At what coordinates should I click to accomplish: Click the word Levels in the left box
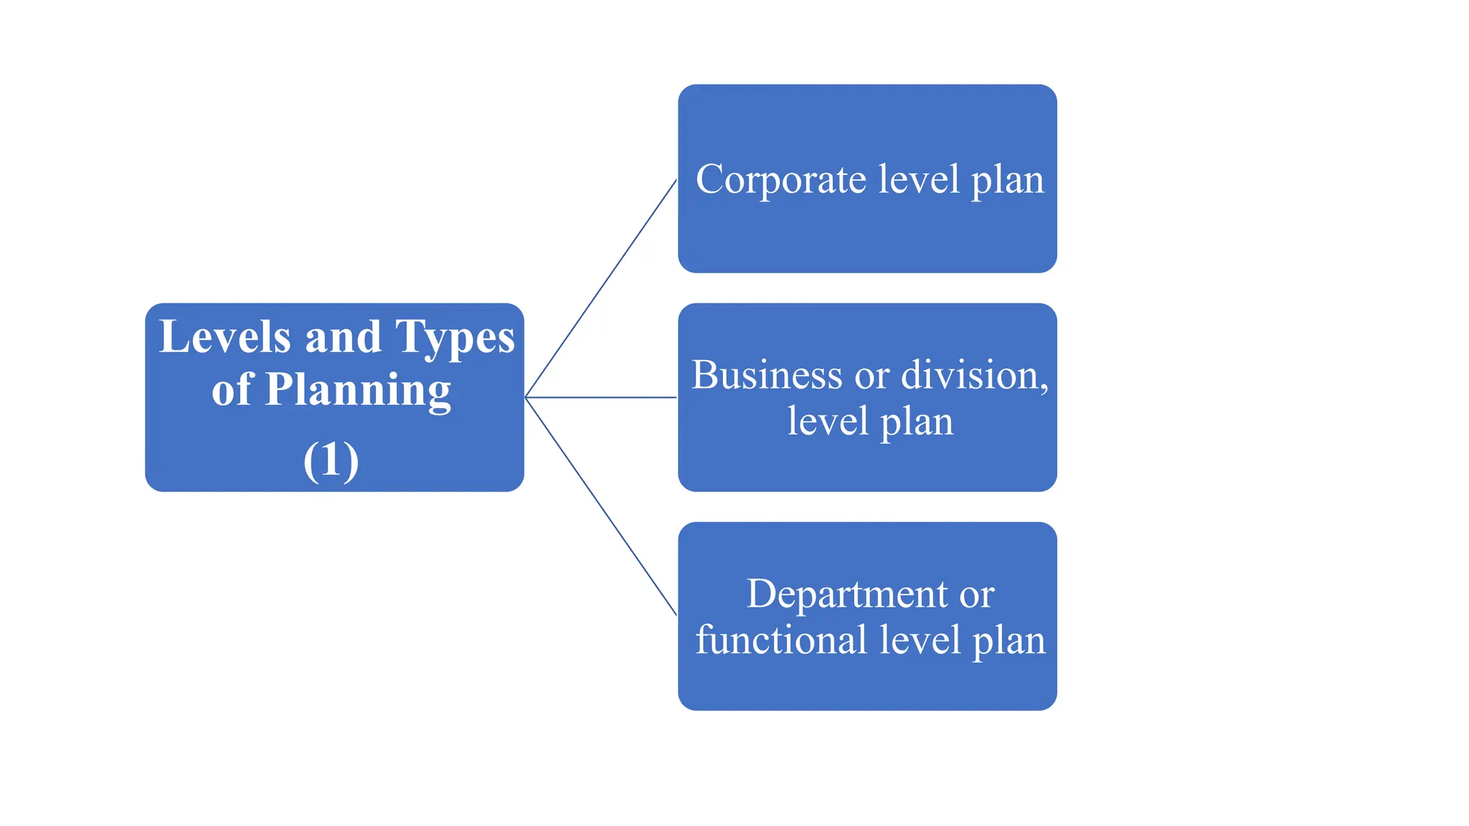pyautogui.click(x=225, y=336)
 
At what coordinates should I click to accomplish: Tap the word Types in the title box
pyautogui.click(x=455, y=338)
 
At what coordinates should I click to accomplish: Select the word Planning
pyautogui.click(x=358, y=391)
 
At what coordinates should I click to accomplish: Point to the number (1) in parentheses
pyautogui.click(x=331, y=460)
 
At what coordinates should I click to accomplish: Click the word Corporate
pyautogui.click(x=780, y=179)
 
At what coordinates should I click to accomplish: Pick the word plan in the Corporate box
pyautogui.click(x=1007, y=181)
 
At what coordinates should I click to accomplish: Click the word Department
pyautogui.click(x=847, y=594)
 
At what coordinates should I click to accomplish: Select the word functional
pyautogui.click(x=781, y=640)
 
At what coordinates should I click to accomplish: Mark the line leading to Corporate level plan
pyautogui.click(x=601, y=288)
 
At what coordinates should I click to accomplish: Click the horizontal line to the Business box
pyautogui.click(x=601, y=397)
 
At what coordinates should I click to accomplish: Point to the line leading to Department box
pyautogui.click(x=601, y=506)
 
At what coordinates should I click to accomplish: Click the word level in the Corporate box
pyautogui.click(x=919, y=179)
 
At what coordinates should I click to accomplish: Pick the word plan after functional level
pyautogui.click(x=1009, y=641)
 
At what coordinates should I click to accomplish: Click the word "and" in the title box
pyautogui.click(x=343, y=337)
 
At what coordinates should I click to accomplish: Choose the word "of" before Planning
pyautogui.click(x=232, y=390)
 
